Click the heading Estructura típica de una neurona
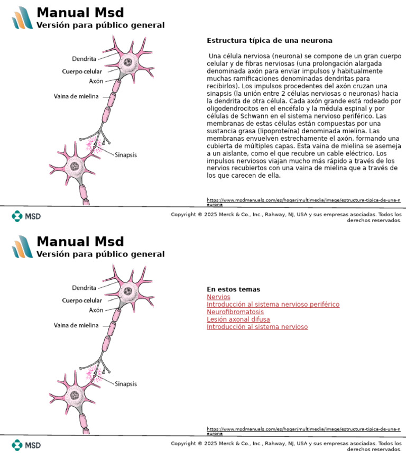point(269,41)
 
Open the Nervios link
point(218,297)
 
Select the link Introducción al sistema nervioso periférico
point(273,305)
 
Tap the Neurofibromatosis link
point(235,312)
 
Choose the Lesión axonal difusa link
point(238,319)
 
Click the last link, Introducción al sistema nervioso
point(257,327)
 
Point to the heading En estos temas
point(233,289)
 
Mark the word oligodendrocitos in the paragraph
point(231,108)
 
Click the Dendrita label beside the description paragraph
point(84,59)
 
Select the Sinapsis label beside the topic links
point(126,384)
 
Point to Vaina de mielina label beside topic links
point(76,326)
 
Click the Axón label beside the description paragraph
point(96,81)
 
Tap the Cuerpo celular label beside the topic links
point(82,300)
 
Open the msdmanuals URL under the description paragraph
point(303,201)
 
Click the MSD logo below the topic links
point(26,445)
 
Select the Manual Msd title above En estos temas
point(80,242)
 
